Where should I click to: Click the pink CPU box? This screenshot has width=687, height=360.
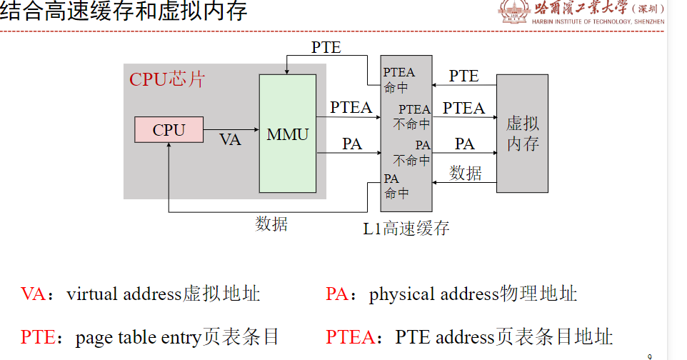pos(169,130)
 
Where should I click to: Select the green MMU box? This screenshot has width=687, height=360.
pos(287,134)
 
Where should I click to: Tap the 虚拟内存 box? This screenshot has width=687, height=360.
pos(522,134)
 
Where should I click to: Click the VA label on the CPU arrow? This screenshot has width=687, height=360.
pos(230,139)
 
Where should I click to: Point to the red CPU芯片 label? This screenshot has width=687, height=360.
pos(166,79)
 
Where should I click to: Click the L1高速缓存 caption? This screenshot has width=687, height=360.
pos(406,229)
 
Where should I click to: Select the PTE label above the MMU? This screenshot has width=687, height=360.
pos(326,48)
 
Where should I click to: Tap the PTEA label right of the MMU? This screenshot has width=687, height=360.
pos(351,108)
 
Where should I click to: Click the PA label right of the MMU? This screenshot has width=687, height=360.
pos(351,144)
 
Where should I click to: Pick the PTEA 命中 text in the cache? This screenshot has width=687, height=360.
pos(398,80)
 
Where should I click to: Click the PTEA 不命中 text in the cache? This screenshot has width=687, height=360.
pos(413,116)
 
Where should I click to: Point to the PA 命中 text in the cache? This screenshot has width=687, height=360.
pos(396,186)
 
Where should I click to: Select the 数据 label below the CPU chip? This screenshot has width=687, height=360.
pos(271,224)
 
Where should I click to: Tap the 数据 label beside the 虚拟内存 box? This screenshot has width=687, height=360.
pos(466,173)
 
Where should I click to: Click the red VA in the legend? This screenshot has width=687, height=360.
pos(33,294)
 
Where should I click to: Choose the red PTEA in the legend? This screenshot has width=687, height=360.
pos(348,337)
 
